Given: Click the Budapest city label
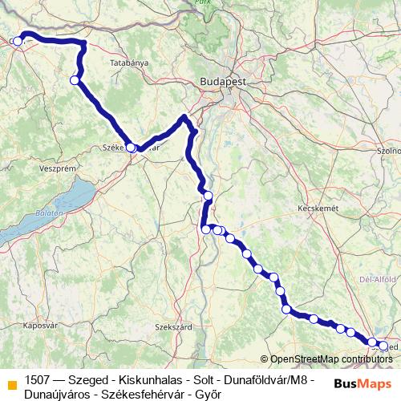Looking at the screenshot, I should coord(224,82).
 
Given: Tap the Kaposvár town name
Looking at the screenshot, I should coord(43,326).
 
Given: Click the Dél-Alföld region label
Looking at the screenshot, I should coord(379,279).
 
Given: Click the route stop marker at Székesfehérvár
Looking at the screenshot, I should coord(131,148).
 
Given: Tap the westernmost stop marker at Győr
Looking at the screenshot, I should coord(18,41).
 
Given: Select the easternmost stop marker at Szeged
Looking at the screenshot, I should coord(383,346).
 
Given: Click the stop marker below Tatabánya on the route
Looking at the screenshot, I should coord(75,80).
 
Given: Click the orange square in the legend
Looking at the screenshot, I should coord(12,384).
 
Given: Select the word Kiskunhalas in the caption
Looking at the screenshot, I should coord(151,379).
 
